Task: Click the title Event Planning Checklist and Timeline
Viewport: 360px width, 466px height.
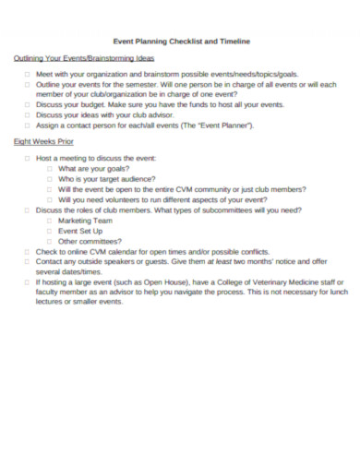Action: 180,42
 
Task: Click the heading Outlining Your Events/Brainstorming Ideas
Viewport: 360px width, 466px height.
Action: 78,58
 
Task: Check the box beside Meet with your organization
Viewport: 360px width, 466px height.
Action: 28,73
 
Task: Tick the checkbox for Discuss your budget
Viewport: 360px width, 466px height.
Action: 28,104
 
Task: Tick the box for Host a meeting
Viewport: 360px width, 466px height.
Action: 28,159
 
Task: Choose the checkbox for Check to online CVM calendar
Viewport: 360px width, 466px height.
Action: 28,251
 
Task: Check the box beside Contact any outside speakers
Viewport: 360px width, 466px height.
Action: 28,261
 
